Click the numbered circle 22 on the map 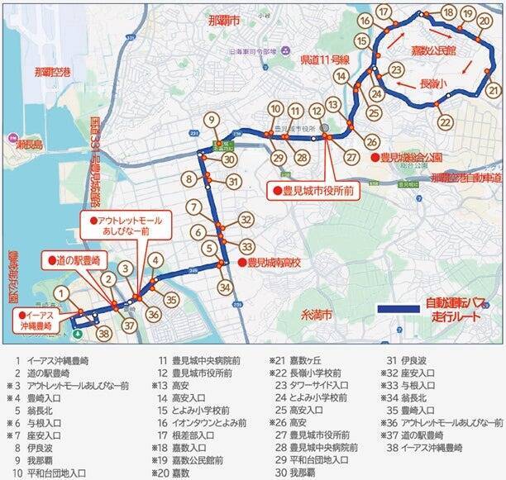(446, 122)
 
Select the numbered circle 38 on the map (103, 333)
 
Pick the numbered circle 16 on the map (364, 20)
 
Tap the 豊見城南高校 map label (273, 263)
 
